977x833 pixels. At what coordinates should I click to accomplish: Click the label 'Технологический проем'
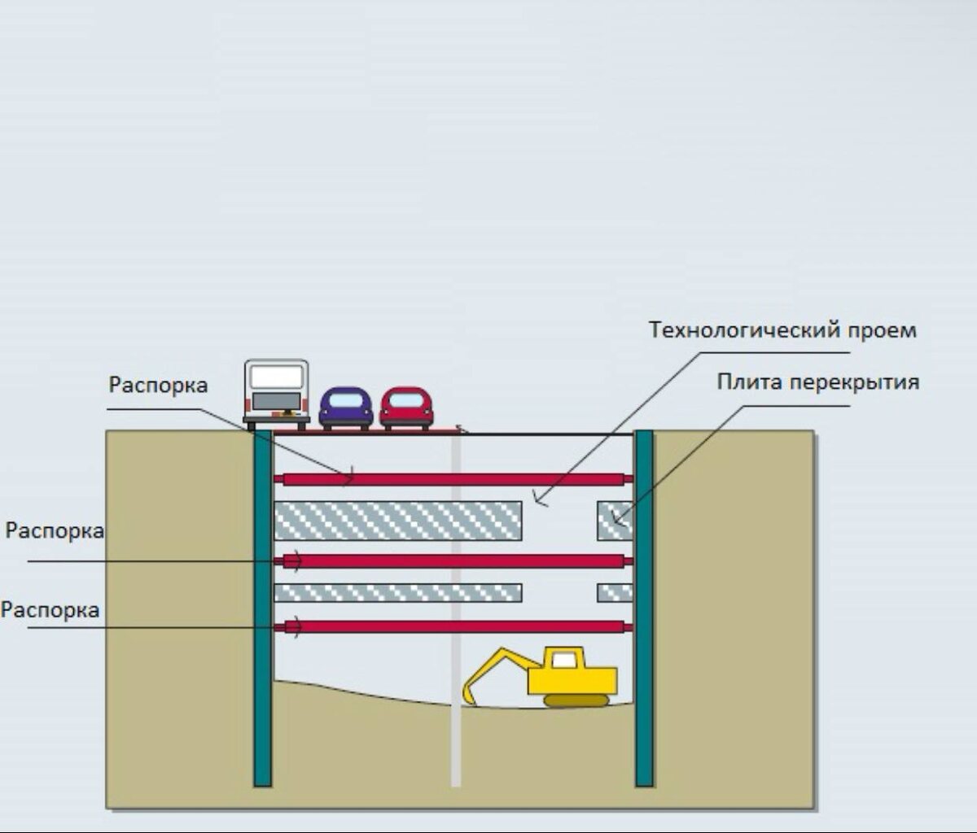tap(782, 331)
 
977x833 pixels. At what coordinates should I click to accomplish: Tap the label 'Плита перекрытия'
tap(817, 382)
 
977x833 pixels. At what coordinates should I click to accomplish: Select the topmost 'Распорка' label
tap(158, 385)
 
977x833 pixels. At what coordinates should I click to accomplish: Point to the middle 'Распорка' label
tap(55, 531)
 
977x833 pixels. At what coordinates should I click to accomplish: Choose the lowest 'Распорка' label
tap(50, 609)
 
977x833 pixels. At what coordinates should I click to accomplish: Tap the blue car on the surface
tap(346, 408)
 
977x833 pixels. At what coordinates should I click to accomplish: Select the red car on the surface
tap(406, 408)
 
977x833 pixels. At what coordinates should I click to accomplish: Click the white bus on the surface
tap(277, 393)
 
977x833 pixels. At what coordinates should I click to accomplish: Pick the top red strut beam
tap(453, 479)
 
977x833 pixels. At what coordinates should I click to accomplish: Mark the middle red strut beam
tap(453, 561)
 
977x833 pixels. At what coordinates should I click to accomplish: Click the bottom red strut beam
tap(453, 626)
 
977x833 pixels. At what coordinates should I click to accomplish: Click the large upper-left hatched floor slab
tap(397, 521)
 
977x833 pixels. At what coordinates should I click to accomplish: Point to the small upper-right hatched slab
tap(615, 521)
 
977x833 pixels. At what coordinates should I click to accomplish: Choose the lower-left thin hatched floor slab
tap(397, 593)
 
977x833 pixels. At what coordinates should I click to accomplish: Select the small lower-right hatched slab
tap(615, 593)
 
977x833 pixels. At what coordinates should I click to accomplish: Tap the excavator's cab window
tap(564, 660)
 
